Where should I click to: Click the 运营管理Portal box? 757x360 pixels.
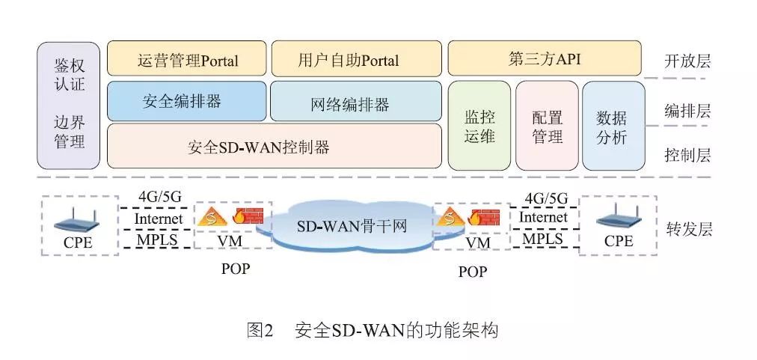point(187,59)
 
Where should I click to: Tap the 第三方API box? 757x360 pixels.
point(544,59)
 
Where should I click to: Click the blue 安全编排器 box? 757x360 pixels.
point(187,102)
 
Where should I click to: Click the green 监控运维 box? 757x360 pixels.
point(479,126)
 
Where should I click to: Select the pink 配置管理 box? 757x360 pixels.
point(547,126)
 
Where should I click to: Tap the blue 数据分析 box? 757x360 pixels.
point(613,126)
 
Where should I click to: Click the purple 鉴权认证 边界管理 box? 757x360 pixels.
point(69,106)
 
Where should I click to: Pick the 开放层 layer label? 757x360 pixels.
point(687,61)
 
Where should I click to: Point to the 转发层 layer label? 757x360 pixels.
point(687,228)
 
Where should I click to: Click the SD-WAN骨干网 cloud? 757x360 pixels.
point(351,225)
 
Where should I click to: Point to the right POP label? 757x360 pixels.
point(471,272)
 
